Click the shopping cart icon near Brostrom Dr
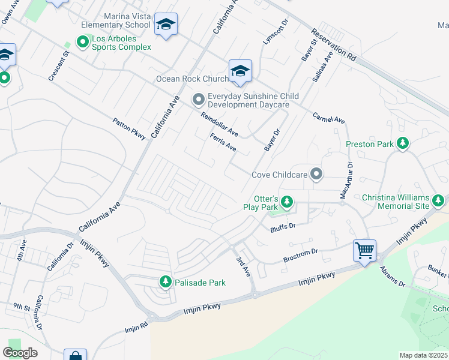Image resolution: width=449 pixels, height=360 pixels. (365, 250)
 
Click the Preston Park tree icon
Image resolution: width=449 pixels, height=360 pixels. (403, 143)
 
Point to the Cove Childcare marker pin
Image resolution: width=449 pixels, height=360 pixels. (317, 175)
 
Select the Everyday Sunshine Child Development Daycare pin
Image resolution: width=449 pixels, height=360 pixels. (199, 100)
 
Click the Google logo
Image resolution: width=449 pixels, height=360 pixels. (20, 352)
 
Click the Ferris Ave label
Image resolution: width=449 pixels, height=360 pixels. (223, 142)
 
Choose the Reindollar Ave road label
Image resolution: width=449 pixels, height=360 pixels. (219, 124)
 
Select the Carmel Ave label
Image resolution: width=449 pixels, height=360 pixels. (329, 118)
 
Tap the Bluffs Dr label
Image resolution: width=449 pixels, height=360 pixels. (283, 226)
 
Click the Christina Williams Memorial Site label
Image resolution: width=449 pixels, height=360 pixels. (396, 202)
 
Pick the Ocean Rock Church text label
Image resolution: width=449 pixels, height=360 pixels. (192, 79)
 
